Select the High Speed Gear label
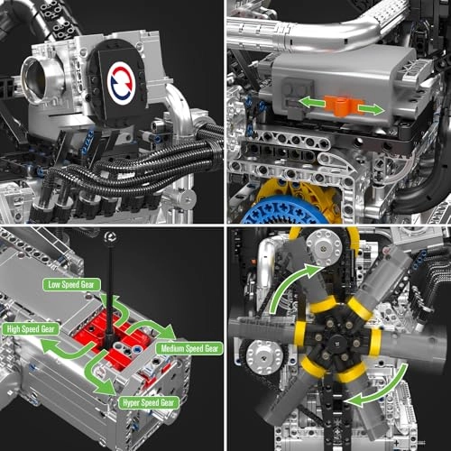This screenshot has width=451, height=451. click(x=32, y=329)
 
